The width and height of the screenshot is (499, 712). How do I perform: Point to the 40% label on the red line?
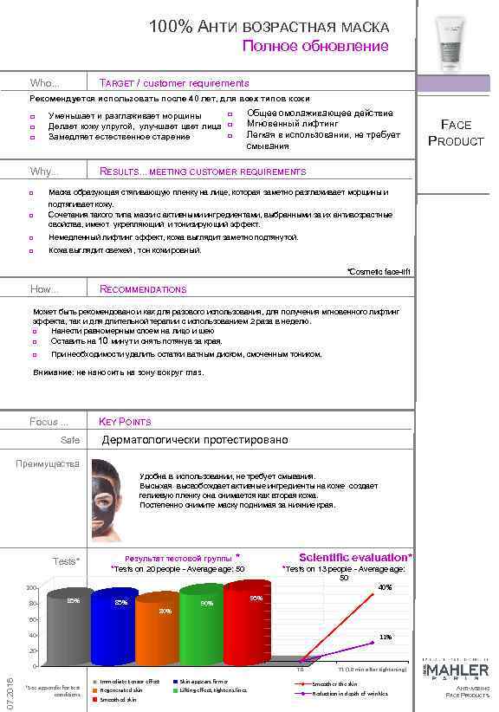pyautogui.click(x=385, y=587)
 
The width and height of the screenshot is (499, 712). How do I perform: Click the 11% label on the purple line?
pyautogui.click(x=386, y=637)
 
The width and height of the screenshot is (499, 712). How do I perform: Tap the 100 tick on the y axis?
pyautogui.click(x=31, y=588)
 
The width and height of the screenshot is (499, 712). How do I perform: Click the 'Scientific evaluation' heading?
pyautogui.click(x=355, y=557)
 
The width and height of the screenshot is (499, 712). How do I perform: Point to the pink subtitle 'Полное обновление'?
pyautogui.click(x=314, y=46)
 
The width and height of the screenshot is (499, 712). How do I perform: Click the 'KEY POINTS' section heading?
pyautogui.click(x=126, y=422)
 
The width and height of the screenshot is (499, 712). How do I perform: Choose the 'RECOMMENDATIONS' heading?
pyautogui.click(x=143, y=289)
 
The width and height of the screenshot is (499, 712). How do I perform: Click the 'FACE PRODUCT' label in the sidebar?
pyautogui.click(x=456, y=133)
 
